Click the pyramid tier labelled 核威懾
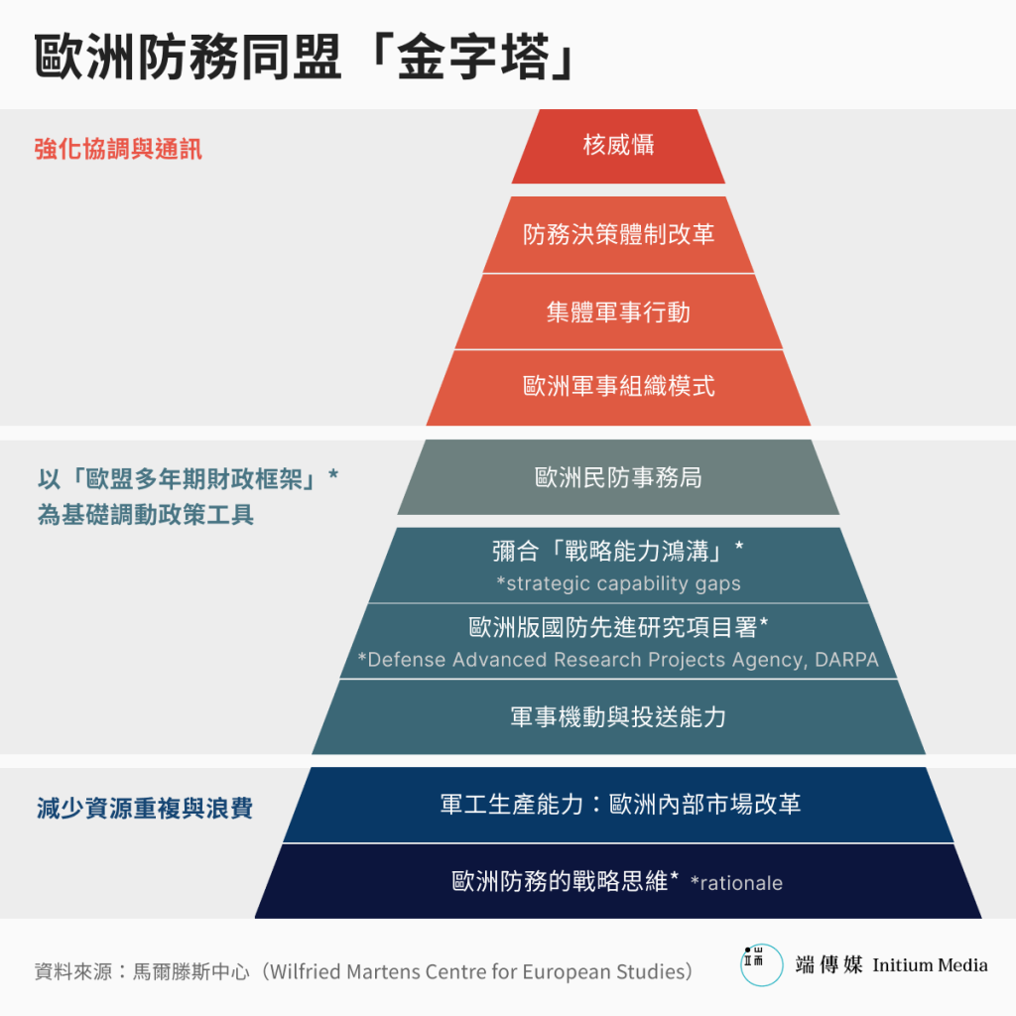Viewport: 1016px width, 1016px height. pyautogui.click(x=618, y=147)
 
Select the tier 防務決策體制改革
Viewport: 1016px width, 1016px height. pyautogui.click(x=618, y=234)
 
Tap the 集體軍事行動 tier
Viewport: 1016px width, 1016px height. pyautogui.click(x=618, y=312)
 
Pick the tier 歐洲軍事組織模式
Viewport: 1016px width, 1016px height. pyautogui.click(x=618, y=388)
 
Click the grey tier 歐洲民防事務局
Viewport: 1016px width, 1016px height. pyautogui.click(x=618, y=477)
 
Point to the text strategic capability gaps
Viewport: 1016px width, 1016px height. pyautogui.click(x=623, y=583)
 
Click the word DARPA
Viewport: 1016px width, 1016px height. pyautogui.click(x=846, y=660)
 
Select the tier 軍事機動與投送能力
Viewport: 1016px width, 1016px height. pyautogui.click(x=618, y=716)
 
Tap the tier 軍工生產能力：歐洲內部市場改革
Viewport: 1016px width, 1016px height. pyautogui.click(x=618, y=805)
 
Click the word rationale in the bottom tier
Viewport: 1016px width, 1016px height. pyautogui.click(x=741, y=883)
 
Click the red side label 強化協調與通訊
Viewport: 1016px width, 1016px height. pyautogui.click(x=118, y=149)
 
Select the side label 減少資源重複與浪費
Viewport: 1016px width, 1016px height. pyautogui.click(x=145, y=808)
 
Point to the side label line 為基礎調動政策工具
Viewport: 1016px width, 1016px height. pyautogui.click(x=145, y=515)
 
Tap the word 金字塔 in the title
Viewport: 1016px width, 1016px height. pyautogui.click(x=473, y=57)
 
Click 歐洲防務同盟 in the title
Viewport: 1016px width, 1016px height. pyautogui.click(x=188, y=57)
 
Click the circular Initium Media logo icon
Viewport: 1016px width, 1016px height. pyautogui.click(x=761, y=964)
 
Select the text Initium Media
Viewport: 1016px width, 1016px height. pyautogui.click(x=930, y=965)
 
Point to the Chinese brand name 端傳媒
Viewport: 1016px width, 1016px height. pyautogui.click(x=828, y=964)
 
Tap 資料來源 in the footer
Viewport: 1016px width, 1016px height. pyautogui.click(x=73, y=971)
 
